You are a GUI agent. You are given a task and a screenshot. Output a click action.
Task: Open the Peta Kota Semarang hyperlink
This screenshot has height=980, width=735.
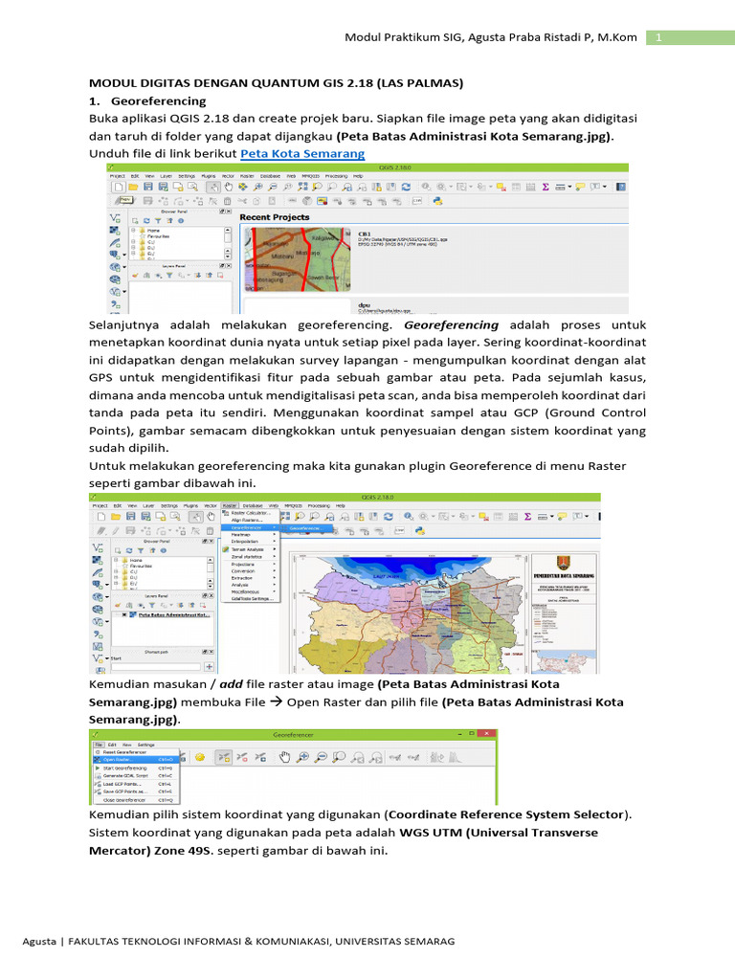point(302,153)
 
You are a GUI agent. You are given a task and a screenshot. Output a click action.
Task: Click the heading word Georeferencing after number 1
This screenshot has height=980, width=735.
point(158,100)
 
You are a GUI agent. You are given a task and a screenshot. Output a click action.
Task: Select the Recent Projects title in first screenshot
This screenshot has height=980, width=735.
point(275,217)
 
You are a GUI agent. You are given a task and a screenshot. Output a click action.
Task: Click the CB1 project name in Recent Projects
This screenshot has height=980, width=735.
point(364,234)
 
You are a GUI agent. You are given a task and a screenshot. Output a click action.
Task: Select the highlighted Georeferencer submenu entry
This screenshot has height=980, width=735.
point(305,527)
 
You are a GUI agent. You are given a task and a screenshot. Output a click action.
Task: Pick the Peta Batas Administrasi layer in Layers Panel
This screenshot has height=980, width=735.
point(174,614)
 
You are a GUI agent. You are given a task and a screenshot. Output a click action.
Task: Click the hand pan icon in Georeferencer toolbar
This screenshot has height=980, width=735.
point(283,756)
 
